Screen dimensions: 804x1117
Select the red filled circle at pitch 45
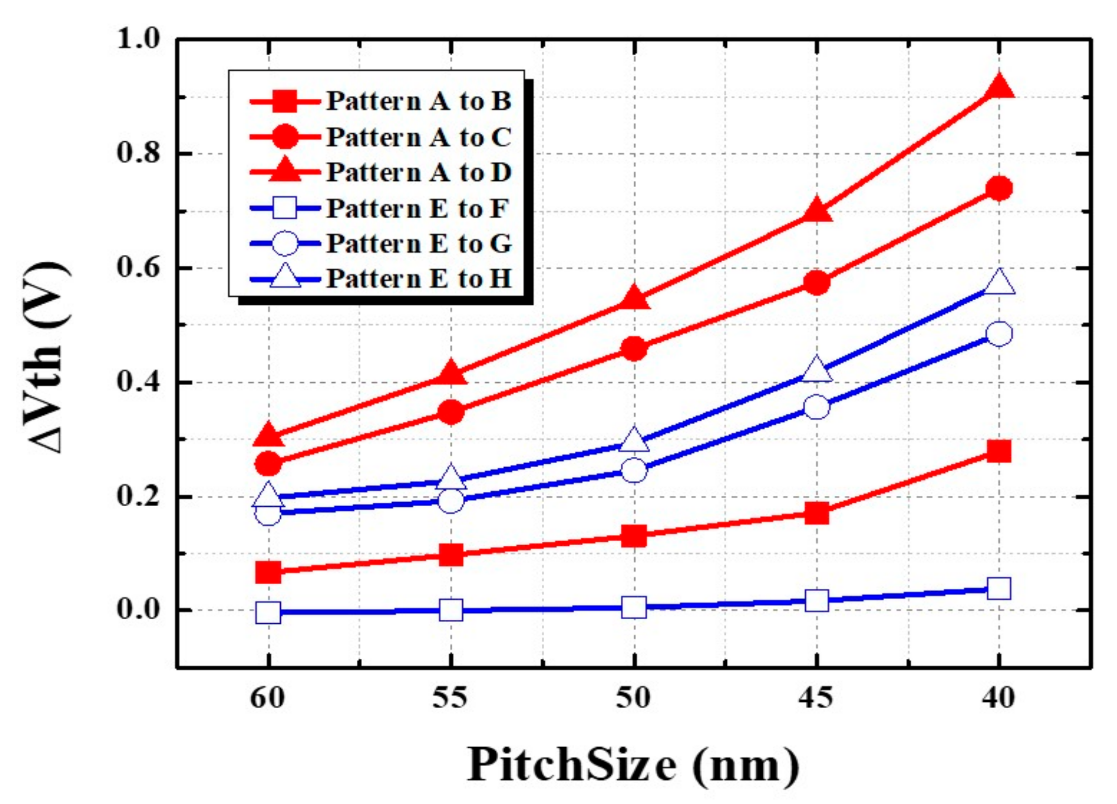point(817,282)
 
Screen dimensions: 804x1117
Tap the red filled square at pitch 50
point(634,536)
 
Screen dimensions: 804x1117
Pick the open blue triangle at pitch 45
point(817,369)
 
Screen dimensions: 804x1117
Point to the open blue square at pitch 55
point(451,610)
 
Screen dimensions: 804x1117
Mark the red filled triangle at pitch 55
point(451,374)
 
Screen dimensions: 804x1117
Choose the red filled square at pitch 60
point(268,572)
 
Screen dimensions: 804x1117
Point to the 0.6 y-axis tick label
point(140,268)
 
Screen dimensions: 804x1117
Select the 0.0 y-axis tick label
point(140,610)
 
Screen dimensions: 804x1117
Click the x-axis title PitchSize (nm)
point(633,765)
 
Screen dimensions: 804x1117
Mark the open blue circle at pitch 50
point(634,470)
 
